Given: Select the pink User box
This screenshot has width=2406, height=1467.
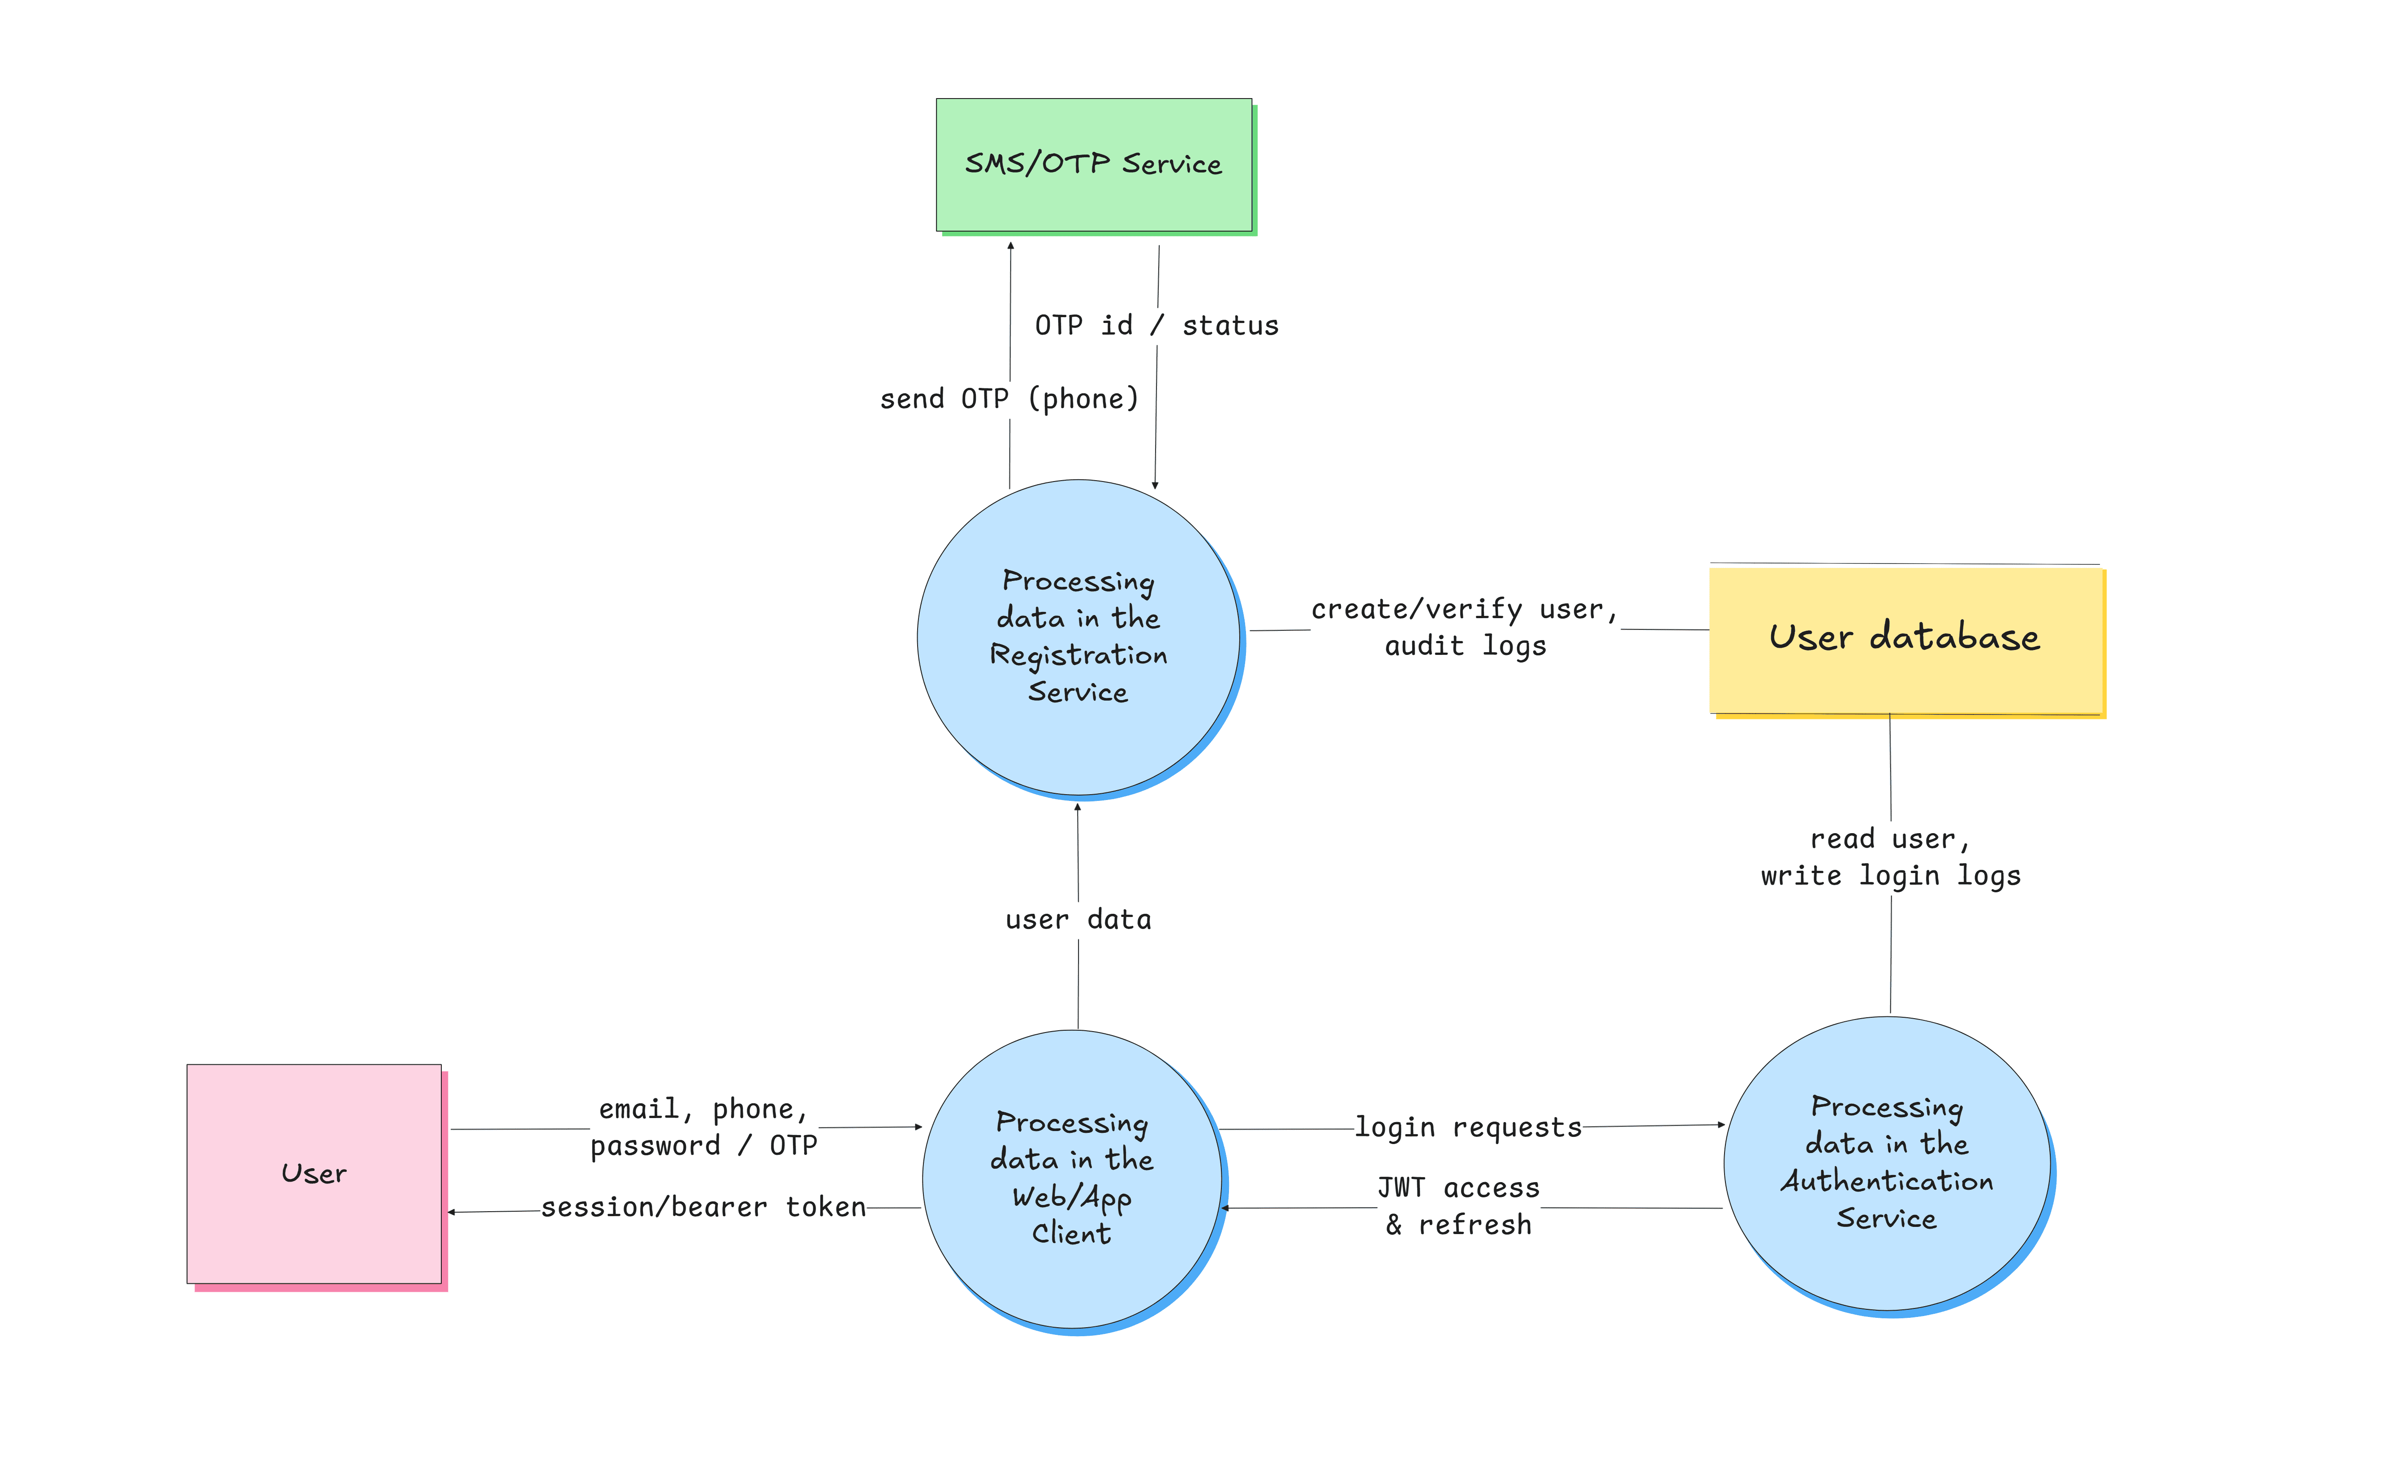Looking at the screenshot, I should click(x=314, y=1173).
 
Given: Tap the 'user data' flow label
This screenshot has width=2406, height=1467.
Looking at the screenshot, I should click(x=1078, y=920).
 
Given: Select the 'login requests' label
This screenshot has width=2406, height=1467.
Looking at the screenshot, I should click(x=1468, y=1127).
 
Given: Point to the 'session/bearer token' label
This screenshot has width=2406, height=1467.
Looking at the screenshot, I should click(x=703, y=1207).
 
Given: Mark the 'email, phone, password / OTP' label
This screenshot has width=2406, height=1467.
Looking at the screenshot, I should click(x=703, y=1127).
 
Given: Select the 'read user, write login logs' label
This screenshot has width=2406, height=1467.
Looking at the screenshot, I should click(x=1890, y=857).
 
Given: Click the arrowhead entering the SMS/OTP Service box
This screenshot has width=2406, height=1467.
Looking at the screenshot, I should click(x=1011, y=246).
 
